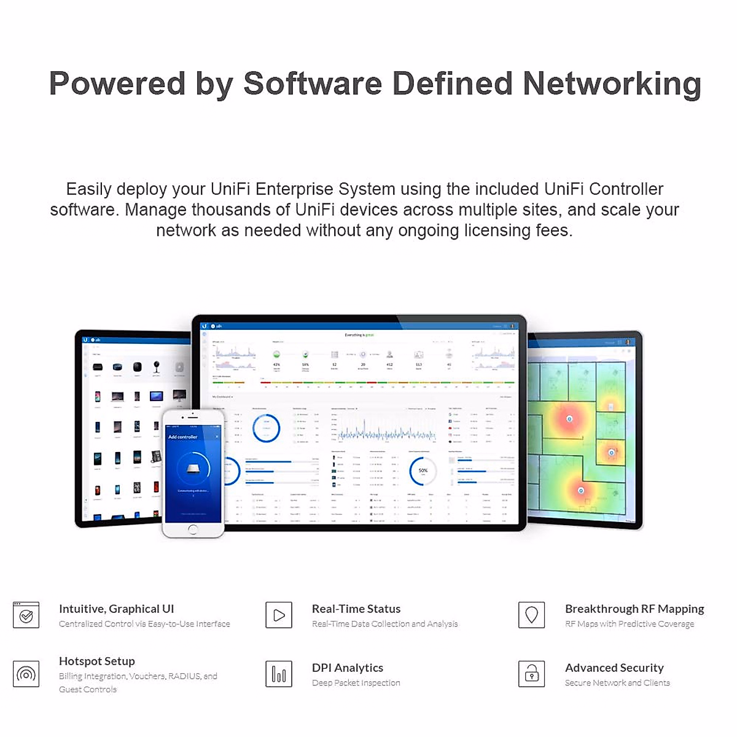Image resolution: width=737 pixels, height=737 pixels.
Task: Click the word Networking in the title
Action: coord(612,84)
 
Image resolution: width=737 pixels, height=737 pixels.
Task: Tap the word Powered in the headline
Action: coord(117,84)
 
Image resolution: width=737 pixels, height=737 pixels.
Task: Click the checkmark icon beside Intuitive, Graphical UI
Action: coord(26,615)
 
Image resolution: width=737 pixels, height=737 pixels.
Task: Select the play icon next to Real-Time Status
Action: coord(279,615)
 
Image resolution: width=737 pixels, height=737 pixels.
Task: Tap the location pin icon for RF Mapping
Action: coord(532,615)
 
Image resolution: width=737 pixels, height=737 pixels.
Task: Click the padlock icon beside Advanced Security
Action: coord(532,674)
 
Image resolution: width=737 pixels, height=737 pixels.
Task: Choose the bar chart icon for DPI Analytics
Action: coord(279,674)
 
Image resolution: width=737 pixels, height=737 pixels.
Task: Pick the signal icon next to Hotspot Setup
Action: coord(26,674)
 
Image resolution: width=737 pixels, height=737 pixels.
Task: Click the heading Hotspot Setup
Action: coord(97,661)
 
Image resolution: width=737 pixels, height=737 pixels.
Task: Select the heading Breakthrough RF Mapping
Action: coord(634,609)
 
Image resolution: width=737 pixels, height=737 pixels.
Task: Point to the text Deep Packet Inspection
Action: coord(356,683)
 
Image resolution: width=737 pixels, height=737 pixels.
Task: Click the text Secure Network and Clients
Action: coord(617,683)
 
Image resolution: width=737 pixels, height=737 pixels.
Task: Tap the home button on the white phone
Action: coord(193,529)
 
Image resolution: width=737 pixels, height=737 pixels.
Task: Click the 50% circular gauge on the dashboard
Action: coord(423,471)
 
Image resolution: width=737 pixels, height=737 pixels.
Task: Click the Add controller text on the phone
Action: coord(183,437)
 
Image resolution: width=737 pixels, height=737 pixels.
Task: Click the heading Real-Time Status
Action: coord(356,609)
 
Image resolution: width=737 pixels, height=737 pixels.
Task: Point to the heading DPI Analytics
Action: coord(348,668)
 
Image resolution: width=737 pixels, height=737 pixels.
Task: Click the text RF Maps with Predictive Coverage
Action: coord(630,624)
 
